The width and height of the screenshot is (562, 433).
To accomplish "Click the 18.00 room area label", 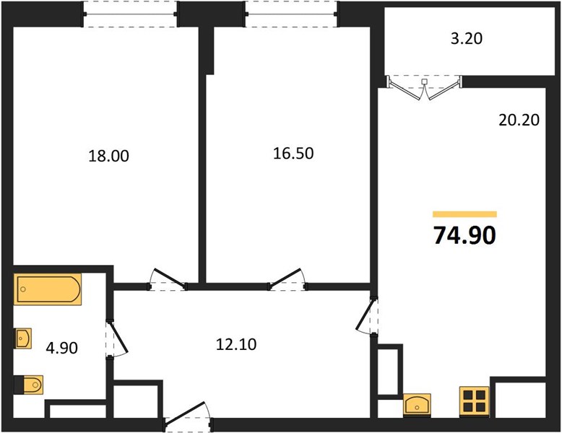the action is pos(108,156).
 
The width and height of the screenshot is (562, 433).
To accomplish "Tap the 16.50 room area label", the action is pos(293,153).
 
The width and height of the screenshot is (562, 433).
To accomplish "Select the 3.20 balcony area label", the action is pos(467,38).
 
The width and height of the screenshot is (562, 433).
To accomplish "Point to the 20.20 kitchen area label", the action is pos(519,120).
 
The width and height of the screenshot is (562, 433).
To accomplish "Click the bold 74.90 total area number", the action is pos(464,235).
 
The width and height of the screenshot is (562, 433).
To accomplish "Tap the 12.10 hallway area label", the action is pos(236,344).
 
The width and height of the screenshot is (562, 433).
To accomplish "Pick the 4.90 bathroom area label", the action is pos(61,348).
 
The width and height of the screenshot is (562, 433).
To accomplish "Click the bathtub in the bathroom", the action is pos(47,289).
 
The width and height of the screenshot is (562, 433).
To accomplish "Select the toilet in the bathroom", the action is pos(29,385).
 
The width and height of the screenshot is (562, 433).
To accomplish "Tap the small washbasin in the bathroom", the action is pos(22,338).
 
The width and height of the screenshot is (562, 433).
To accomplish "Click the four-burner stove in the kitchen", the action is pos(474,401).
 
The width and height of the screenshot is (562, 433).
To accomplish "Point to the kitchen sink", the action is pos(417,405).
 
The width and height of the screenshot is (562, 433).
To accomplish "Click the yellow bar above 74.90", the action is pos(464,214).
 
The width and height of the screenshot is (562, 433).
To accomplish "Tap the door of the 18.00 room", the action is pos(168,279).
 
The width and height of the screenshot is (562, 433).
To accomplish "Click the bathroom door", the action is pos(117,338).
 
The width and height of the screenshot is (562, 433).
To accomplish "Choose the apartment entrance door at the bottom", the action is pos(188,416).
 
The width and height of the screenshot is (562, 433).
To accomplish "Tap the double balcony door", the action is pos(424,87).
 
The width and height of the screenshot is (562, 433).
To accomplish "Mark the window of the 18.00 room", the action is pos(130,14).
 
